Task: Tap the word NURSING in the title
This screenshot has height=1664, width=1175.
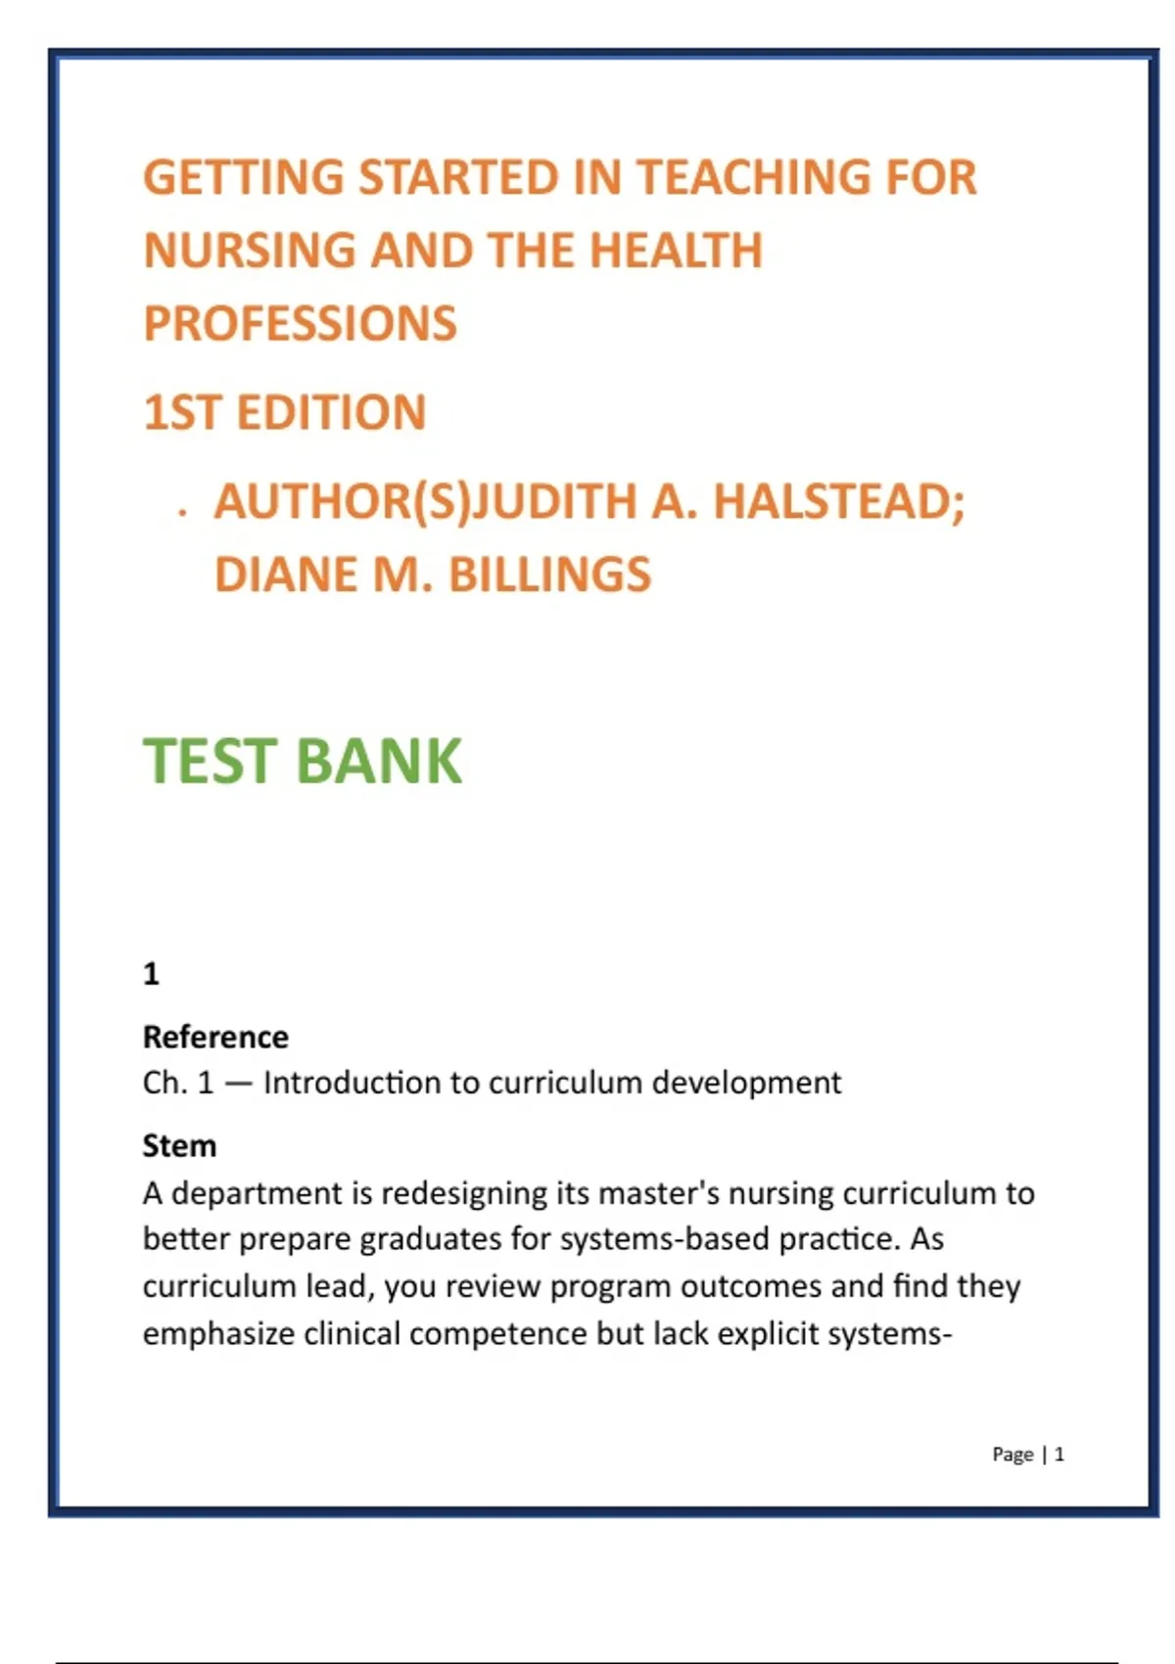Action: click(x=249, y=251)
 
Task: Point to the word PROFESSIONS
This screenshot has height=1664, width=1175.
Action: click(x=300, y=324)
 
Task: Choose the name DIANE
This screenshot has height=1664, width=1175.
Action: click(x=284, y=575)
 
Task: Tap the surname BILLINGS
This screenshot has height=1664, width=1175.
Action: click(x=549, y=575)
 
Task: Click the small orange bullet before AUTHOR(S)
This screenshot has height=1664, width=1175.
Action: click(x=182, y=512)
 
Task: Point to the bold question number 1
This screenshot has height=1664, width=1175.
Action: click(x=151, y=974)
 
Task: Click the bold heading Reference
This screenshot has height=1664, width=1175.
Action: click(x=215, y=1037)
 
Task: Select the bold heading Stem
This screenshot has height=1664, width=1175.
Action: click(x=179, y=1145)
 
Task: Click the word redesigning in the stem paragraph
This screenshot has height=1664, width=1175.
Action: click(x=464, y=1193)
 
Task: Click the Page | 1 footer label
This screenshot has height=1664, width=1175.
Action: click(x=1028, y=1455)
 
